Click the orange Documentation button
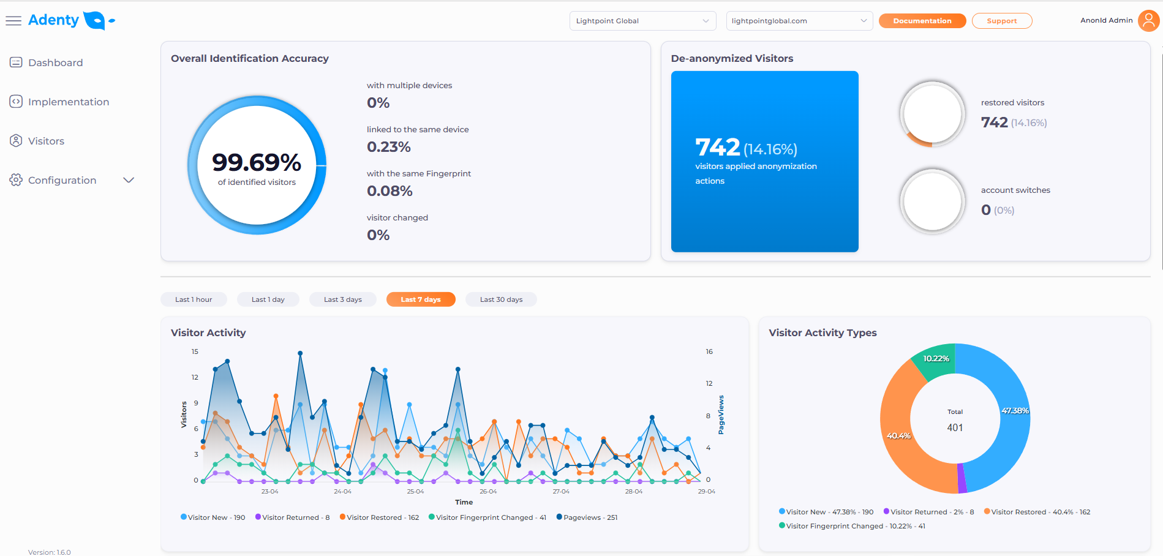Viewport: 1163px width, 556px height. pos(922,21)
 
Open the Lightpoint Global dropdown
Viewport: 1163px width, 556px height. pos(642,21)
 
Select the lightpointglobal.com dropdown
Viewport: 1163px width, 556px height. pos(799,21)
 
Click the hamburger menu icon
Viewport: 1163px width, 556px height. pos(13,21)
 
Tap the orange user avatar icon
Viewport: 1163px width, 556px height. pos(1148,20)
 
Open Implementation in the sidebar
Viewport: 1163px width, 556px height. pos(68,102)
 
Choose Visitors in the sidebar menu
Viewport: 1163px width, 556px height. pos(46,141)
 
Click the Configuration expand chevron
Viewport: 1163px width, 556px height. pos(129,180)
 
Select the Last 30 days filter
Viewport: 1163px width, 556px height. pos(501,299)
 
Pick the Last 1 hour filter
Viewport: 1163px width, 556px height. pos(194,299)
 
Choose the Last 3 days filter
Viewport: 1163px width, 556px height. pos(342,299)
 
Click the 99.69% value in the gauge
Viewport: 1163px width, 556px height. pos(257,162)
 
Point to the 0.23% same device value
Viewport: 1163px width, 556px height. pos(389,147)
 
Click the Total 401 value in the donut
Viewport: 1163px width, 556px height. pos(955,427)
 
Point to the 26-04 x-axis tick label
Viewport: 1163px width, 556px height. pos(488,492)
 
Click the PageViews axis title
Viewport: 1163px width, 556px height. pos(721,415)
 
